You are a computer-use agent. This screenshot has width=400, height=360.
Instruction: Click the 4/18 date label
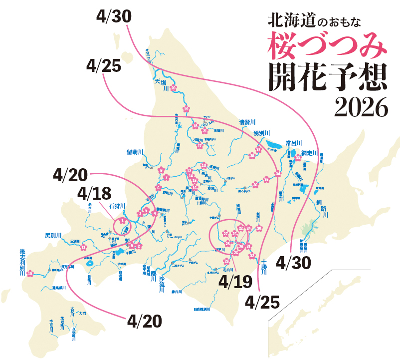click(x=95, y=192)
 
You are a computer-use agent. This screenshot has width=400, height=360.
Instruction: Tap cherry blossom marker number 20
click(x=174, y=88)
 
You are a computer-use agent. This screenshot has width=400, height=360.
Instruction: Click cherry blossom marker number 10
click(x=30, y=273)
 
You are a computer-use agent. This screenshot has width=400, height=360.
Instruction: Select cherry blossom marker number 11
click(x=83, y=247)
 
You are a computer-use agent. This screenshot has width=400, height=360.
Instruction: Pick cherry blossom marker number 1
click(x=122, y=220)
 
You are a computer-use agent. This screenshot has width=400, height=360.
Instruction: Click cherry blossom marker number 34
click(x=278, y=173)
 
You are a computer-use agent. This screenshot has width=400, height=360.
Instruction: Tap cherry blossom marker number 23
click(x=241, y=228)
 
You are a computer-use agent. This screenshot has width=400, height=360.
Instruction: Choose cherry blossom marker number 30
click(x=259, y=228)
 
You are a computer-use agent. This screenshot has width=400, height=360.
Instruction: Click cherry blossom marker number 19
click(x=186, y=108)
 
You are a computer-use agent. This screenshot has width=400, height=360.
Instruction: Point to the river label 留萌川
click(x=135, y=152)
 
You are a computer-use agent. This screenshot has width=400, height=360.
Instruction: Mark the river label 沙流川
click(x=161, y=286)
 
